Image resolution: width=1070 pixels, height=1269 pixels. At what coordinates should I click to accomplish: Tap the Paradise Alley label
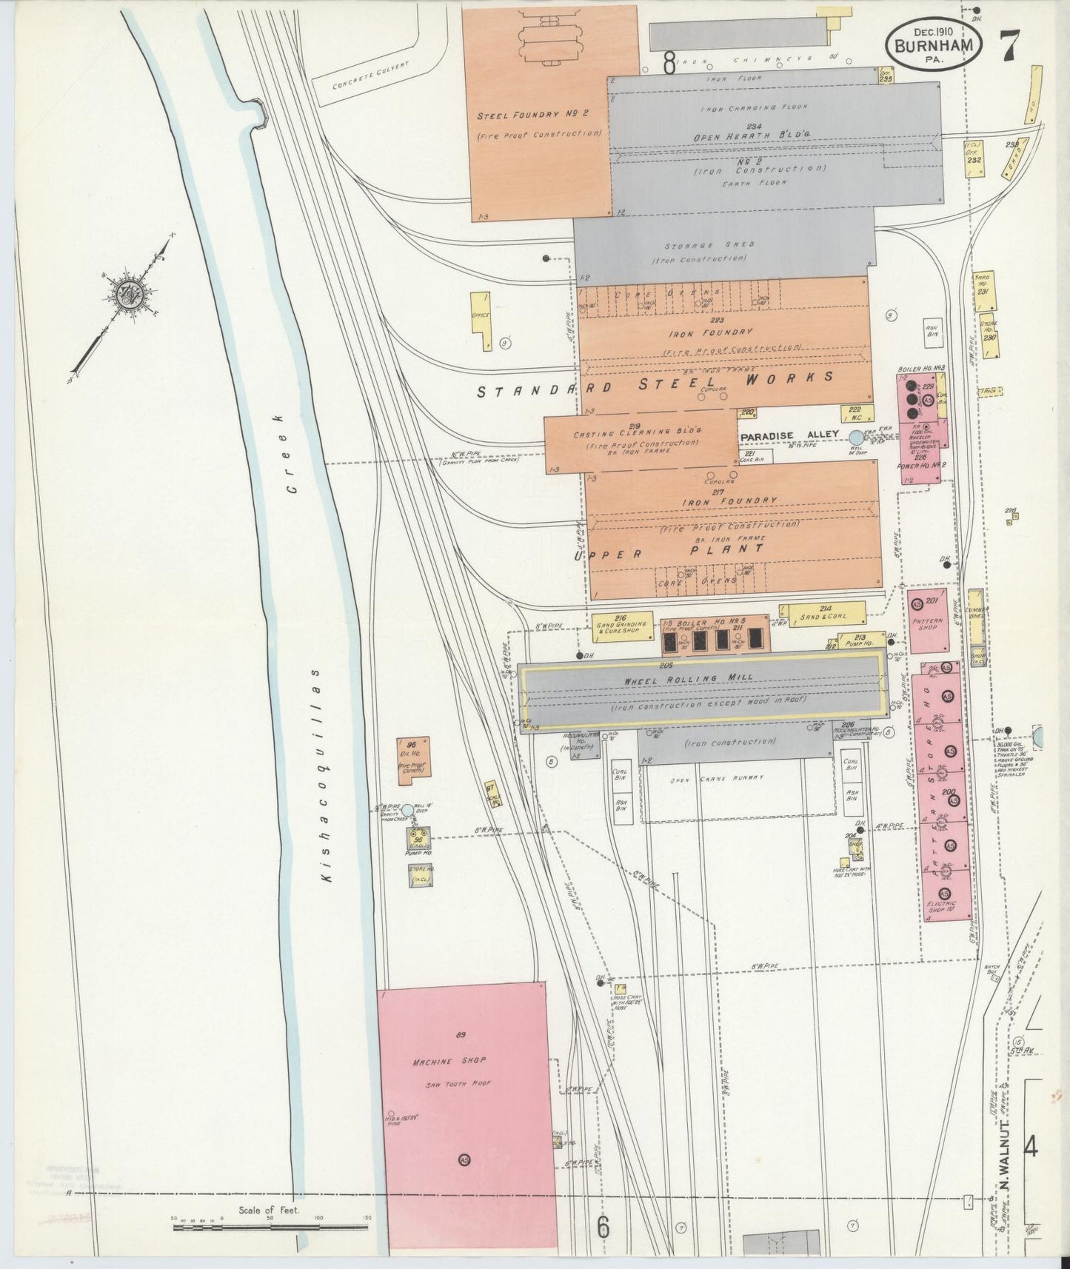(x=789, y=435)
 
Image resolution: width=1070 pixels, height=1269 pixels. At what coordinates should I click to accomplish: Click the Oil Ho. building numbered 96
(x=412, y=757)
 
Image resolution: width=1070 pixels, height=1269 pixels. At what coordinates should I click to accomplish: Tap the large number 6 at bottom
(x=603, y=1226)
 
